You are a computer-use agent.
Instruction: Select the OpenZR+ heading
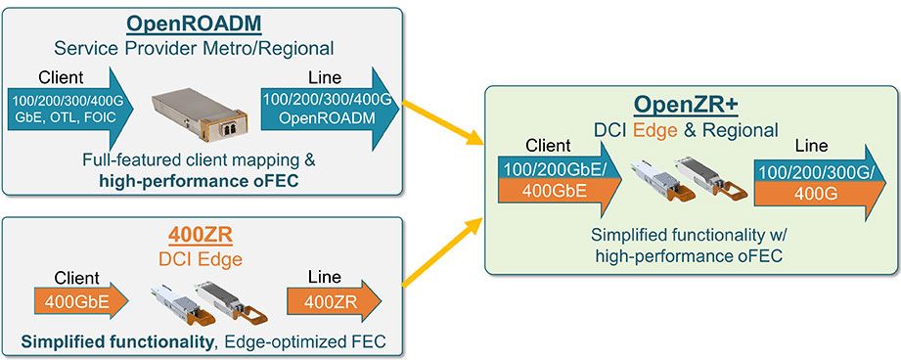[x=686, y=104]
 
